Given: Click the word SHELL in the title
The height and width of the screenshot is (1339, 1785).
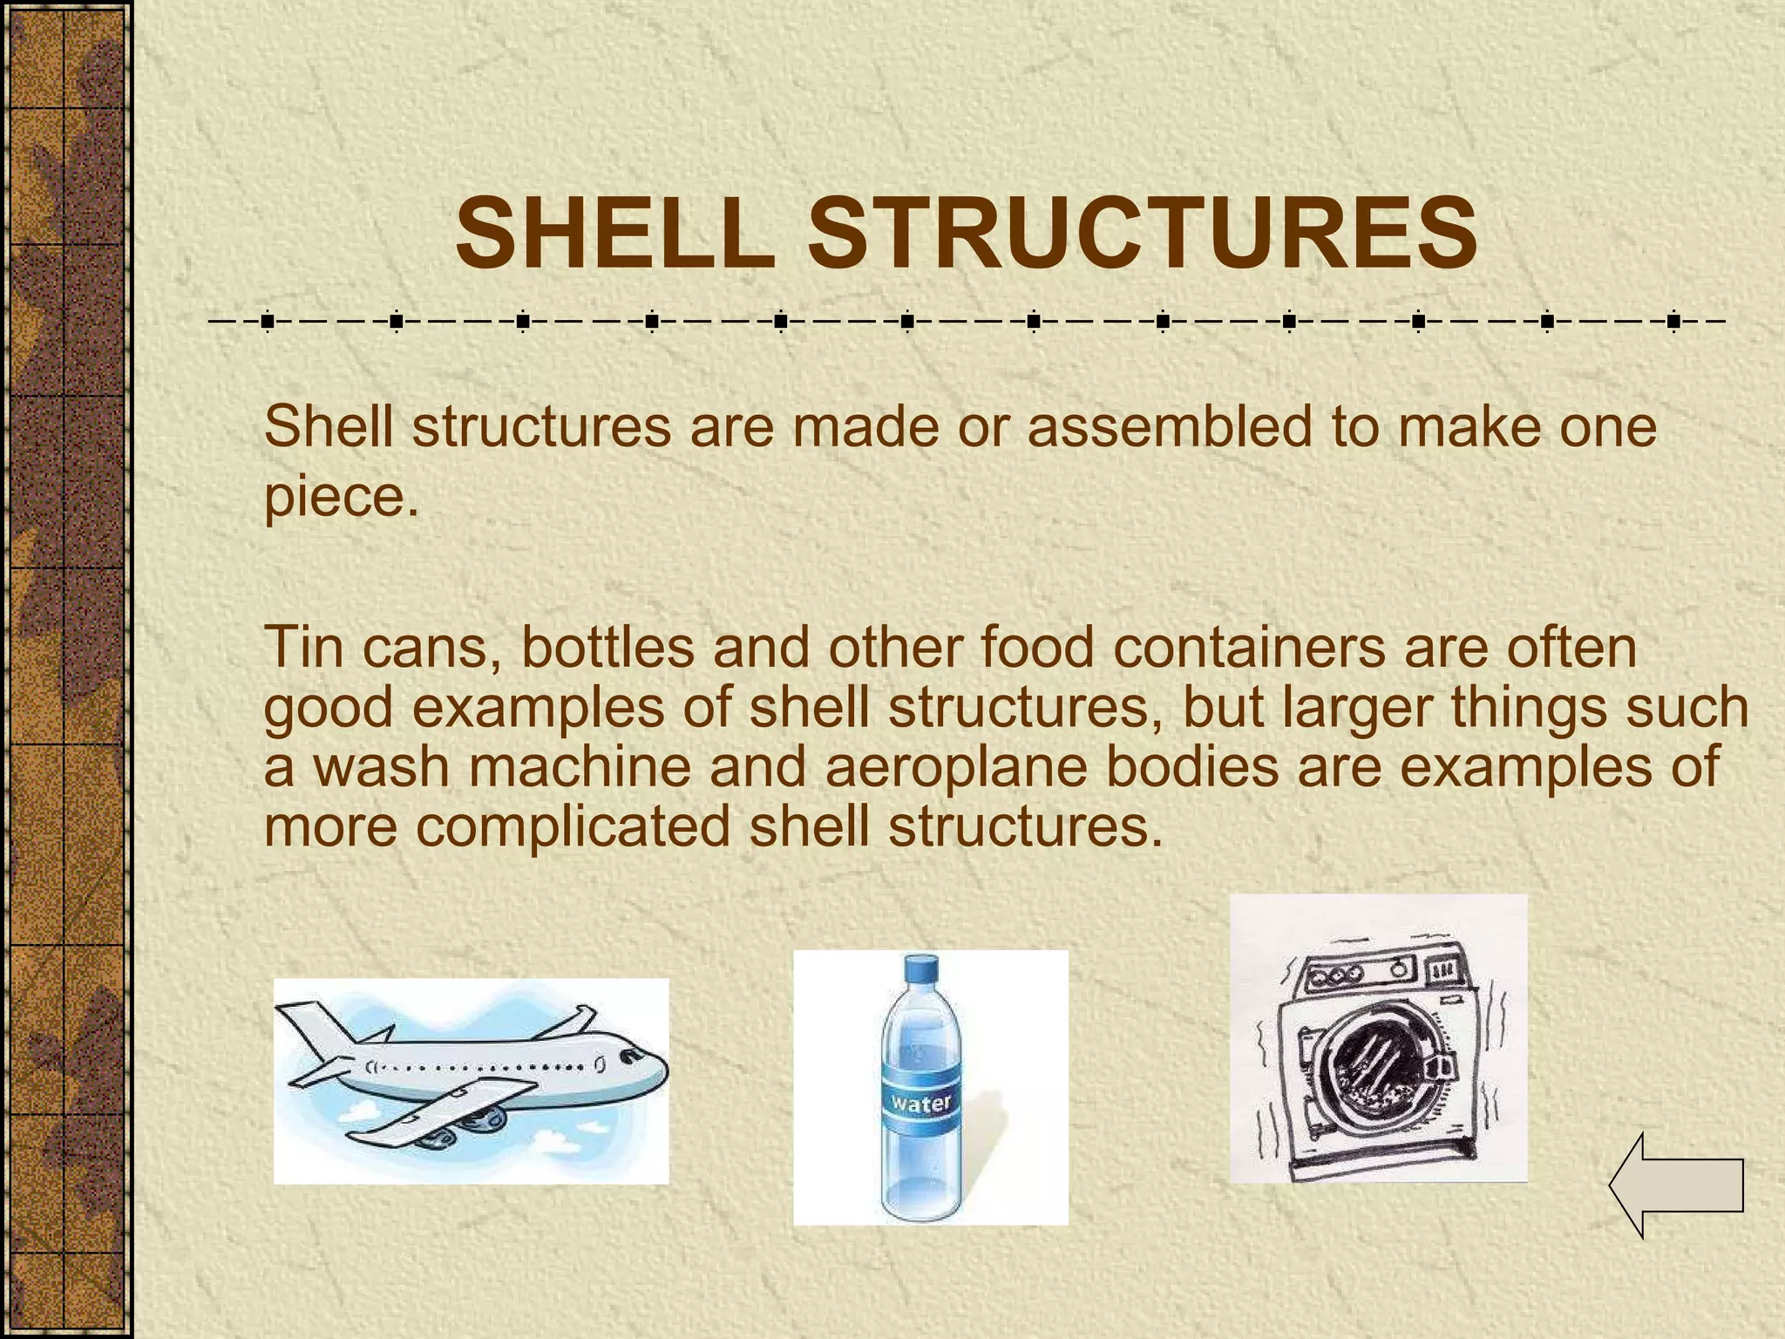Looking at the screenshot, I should pyautogui.click(x=614, y=234).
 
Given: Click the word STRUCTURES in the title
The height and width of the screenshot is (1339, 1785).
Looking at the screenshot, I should pyautogui.click(x=1142, y=234).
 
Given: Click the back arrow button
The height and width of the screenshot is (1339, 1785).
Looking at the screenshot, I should pyautogui.click(x=1676, y=1185).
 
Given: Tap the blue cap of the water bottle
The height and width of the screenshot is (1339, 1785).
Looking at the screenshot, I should pyautogui.click(x=921, y=969).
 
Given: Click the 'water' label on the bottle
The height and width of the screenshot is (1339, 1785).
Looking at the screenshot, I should pyautogui.click(x=921, y=1103).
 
